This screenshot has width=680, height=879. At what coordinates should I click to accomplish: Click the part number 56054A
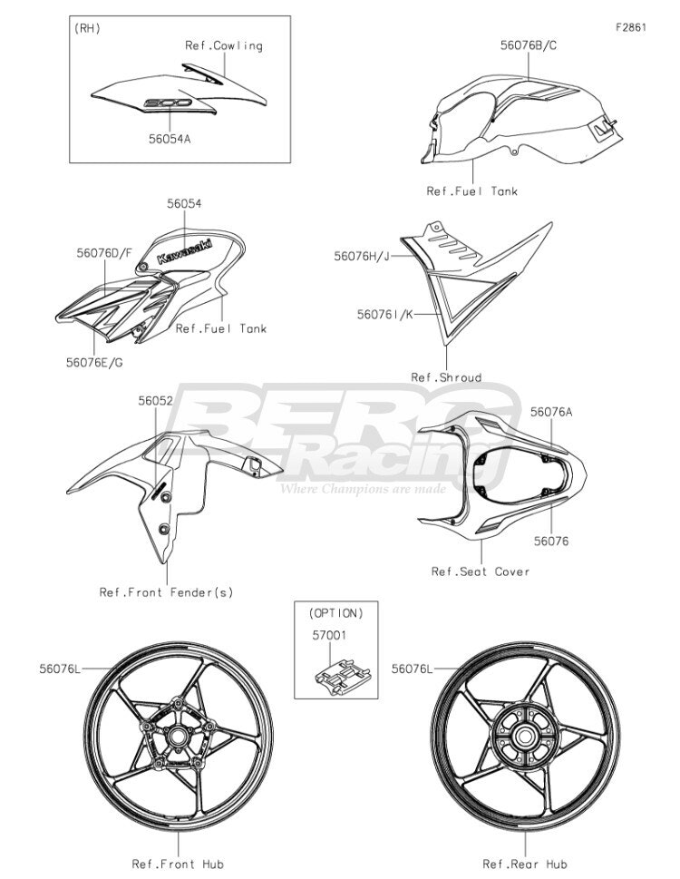(170, 139)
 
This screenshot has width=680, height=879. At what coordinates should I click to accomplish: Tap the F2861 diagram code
(631, 27)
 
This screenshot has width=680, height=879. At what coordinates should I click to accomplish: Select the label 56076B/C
(529, 45)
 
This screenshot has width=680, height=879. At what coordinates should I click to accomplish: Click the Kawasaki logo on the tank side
(184, 251)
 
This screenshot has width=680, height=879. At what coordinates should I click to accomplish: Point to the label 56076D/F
(105, 253)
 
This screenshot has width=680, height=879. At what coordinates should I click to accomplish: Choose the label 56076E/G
(94, 362)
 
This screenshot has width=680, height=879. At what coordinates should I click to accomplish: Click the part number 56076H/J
(361, 256)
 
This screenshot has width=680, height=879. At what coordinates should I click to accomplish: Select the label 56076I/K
(384, 315)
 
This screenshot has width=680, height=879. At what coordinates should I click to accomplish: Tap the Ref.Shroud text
(446, 377)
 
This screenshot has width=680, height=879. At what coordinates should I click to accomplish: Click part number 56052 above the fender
(156, 401)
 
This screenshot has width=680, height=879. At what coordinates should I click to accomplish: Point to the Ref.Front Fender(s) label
(166, 592)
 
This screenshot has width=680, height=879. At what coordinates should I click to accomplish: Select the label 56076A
(551, 412)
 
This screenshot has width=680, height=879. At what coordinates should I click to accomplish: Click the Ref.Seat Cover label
(480, 571)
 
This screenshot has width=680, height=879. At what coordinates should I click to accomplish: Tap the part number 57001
(329, 635)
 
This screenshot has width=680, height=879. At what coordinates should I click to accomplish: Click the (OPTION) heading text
(336, 613)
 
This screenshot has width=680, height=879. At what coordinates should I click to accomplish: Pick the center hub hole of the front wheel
(178, 736)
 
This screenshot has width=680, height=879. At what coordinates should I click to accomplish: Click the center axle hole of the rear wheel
(525, 736)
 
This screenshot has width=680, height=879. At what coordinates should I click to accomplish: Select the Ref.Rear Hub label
(525, 864)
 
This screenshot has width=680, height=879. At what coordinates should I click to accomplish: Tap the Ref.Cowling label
(224, 45)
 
